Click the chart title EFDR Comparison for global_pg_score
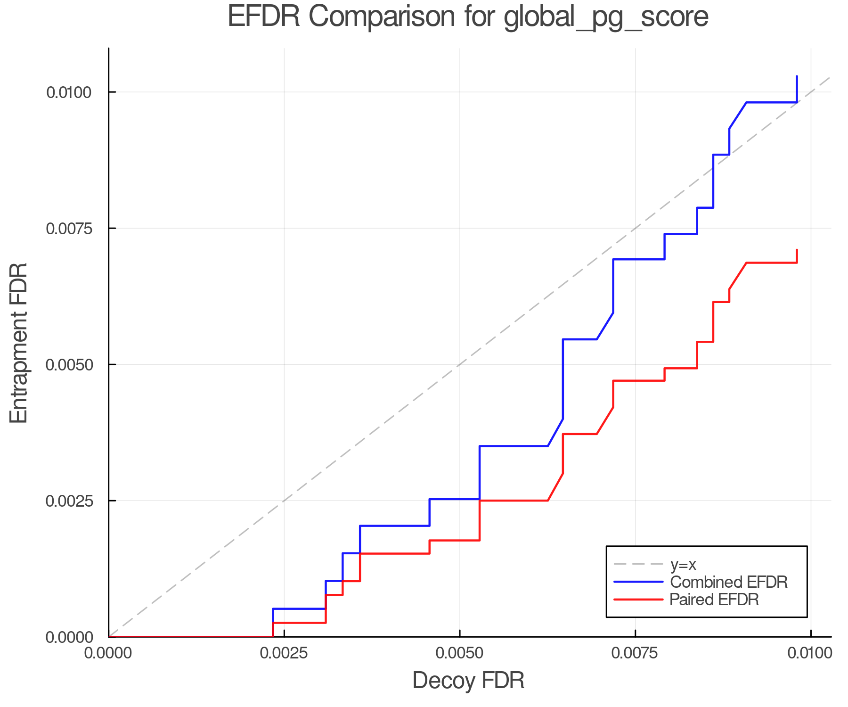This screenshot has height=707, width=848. [x=468, y=17]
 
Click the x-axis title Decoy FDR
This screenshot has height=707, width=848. [x=468, y=681]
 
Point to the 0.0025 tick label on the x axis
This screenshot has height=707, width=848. [x=284, y=653]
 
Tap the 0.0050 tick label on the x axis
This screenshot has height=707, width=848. [x=459, y=653]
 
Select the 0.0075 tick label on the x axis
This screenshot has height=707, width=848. [x=635, y=653]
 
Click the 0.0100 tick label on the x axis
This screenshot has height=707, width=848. [x=810, y=653]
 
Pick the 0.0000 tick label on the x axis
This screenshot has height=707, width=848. [x=108, y=653]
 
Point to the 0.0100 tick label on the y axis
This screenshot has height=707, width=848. [x=68, y=92]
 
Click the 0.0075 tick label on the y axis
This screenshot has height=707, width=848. [x=68, y=229]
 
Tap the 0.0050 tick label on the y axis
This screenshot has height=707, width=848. [x=68, y=365]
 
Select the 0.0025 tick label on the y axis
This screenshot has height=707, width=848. [x=68, y=501]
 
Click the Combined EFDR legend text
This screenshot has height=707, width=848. [x=728, y=582]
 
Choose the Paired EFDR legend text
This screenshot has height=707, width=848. [x=714, y=600]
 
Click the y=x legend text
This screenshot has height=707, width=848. [x=683, y=564]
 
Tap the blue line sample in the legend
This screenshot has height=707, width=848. [x=638, y=582]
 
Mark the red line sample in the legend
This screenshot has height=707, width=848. [x=638, y=600]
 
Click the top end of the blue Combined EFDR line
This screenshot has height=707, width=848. [x=797, y=77]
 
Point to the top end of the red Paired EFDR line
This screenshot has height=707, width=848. [x=797, y=250]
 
